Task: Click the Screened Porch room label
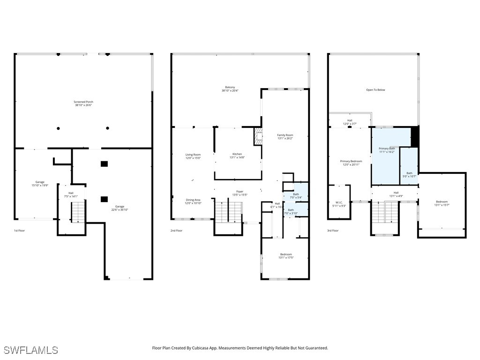pos(83,104)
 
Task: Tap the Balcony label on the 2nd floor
pos(230,89)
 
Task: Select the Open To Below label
pos(375,90)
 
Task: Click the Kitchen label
pos(237,156)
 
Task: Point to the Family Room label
pos(285,137)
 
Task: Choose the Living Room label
pos(193,156)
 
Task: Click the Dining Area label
pos(193,202)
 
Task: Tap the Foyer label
pos(240,193)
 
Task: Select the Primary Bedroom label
pos(351,163)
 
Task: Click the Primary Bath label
pos(387,150)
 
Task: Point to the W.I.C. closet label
pos(339,204)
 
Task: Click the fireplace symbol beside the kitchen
pos(257,136)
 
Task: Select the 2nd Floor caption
pos(176,231)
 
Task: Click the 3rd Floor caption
pos(332,231)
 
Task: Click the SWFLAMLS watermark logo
pos(31,350)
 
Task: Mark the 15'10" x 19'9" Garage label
pos(40,184)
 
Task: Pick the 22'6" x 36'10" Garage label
pos(120,208)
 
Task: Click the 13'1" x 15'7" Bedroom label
pos(442,203)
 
